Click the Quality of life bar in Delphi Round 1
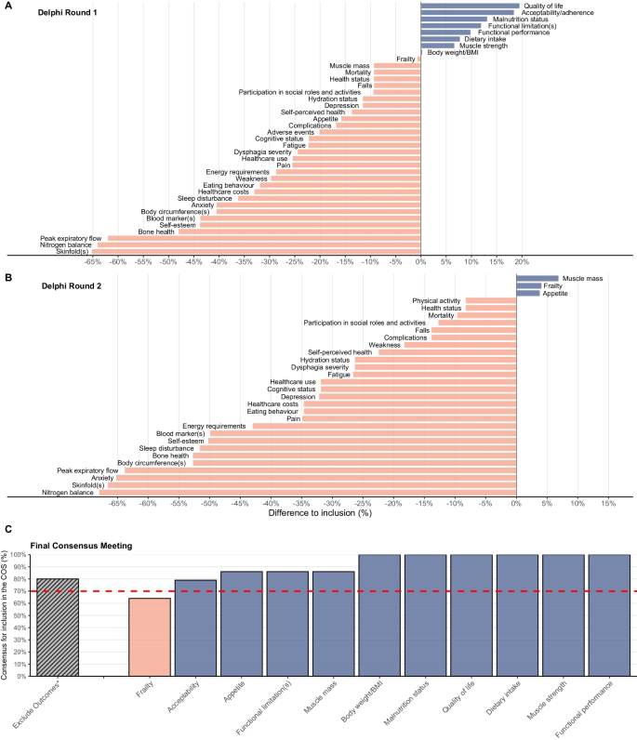click(x=470, y=6)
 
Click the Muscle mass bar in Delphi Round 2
click(x=537, y=278)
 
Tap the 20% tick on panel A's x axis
click(x=522, y=262)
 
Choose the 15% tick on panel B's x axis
click(x=608, y=503)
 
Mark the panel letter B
click(x=8, y=277)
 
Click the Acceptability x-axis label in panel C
click(x=184, y=706)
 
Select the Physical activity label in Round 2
click(x=437, y=299)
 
